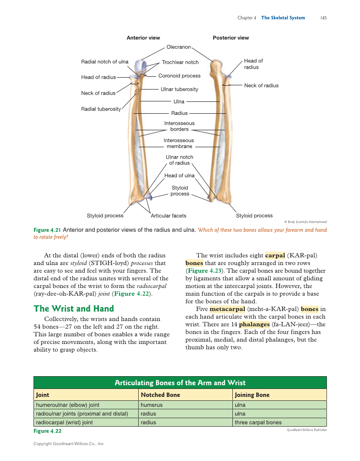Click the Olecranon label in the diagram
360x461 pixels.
coord(179,47)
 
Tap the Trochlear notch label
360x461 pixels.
coord(180,62)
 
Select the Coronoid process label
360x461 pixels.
coord(179,76)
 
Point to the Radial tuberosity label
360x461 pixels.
coord(101,109)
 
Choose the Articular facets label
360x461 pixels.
coord(168,216)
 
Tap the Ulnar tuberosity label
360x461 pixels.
coord(179,89)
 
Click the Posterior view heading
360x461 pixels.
coord(231,38)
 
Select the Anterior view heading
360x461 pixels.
coord(143,38)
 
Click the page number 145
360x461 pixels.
coord(323,18)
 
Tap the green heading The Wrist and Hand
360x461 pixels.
coord(74,308)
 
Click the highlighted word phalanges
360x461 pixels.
coord(254,324)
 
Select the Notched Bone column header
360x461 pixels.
coord(160,395)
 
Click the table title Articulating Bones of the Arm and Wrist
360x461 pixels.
coord(180,383)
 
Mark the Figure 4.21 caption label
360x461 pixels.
coord(47,230)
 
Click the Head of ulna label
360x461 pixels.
coord(179,176)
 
